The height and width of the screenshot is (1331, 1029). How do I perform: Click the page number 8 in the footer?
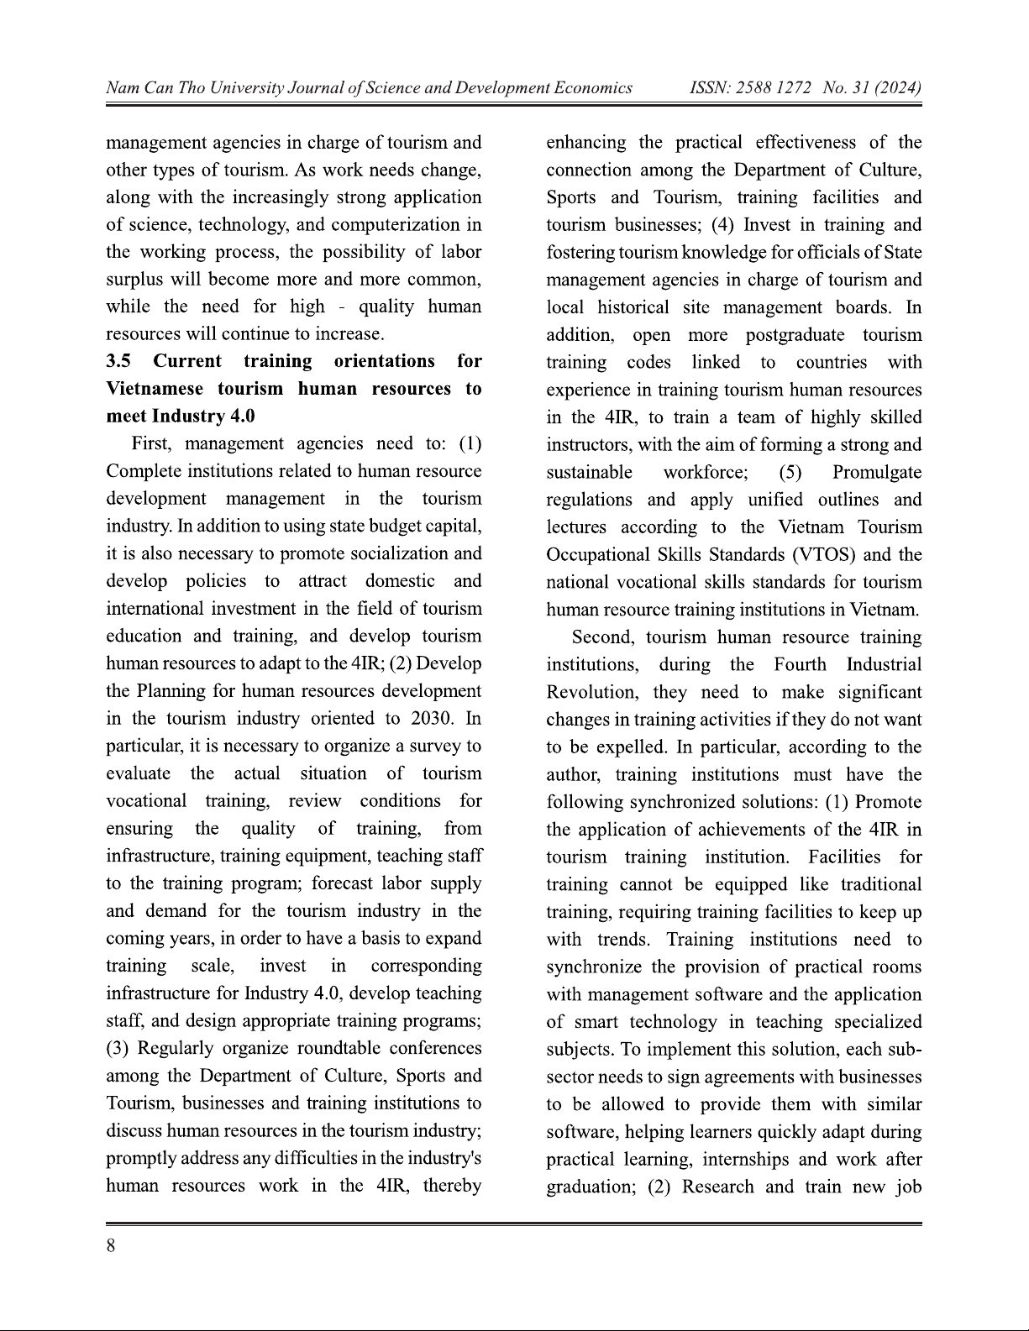tap(111, 1246)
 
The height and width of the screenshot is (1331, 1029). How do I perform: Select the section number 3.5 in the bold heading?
tap(118, 362)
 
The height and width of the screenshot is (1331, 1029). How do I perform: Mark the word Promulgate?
tap(877, 473)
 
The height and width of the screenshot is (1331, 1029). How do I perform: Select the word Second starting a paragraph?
tap(601, 637)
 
